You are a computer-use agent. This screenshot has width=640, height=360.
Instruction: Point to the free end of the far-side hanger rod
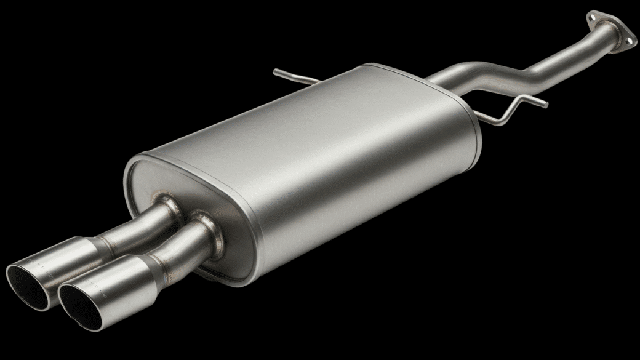click(276, 72)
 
